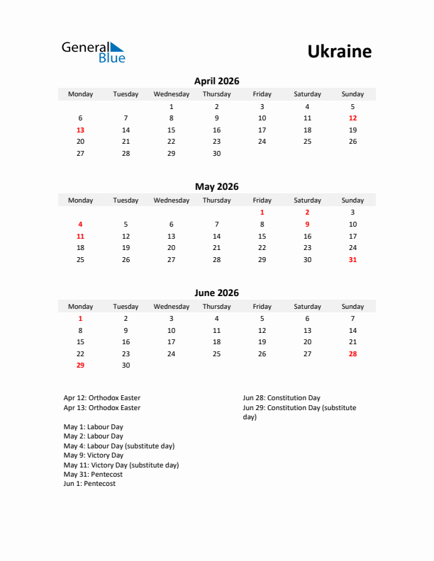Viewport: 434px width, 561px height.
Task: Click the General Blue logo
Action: coord(93,52)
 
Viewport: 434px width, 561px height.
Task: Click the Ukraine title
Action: coord(339,52)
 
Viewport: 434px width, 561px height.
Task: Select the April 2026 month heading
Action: coord(216,81)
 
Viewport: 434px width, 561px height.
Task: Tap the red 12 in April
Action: coord(352,118)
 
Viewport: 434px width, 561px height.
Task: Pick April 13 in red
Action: coord(80,130)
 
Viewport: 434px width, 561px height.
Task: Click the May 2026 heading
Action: coord(216,187)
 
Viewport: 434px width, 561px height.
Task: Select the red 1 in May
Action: coord(262,212)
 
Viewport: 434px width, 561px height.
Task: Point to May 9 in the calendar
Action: coord(307,225)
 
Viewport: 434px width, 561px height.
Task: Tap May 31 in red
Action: coord(352,260)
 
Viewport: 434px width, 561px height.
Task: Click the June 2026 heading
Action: coord(216,293)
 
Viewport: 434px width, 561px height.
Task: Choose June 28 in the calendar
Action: coord(352,354)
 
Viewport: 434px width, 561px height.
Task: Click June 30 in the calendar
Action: coord(126,365)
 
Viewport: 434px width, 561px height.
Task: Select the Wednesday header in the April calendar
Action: coord(171,94)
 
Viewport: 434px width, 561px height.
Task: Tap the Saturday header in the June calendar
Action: coord(307,307)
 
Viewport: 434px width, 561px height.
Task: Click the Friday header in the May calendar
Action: coord(262,200)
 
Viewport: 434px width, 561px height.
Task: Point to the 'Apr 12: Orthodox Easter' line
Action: coord(101,398)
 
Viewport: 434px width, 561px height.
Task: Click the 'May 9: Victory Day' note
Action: coord(93,455)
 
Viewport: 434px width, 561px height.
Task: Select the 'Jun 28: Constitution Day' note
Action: coord(282,398)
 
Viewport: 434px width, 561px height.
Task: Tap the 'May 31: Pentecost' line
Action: coord(92,475)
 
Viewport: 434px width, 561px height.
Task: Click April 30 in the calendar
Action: coord(216,154)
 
